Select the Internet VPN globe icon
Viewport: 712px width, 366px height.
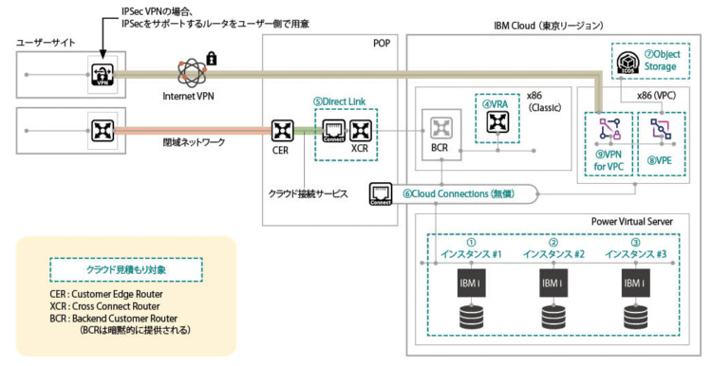click(187, 71)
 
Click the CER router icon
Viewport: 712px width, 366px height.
click(280, 129)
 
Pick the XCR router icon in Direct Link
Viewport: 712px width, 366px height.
click(360, 129)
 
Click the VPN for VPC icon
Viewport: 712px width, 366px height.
click(602, 130)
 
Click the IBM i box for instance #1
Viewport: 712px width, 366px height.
click(472, 283)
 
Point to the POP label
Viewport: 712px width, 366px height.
click(381, 43)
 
